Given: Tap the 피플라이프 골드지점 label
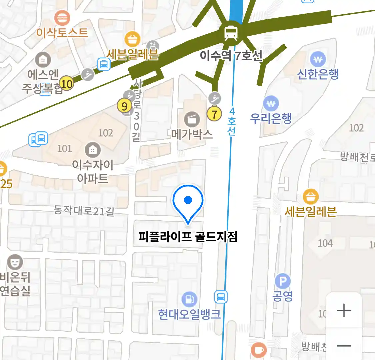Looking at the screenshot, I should click(x=188, y=237).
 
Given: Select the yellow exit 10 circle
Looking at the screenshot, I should click(x=66, y=84).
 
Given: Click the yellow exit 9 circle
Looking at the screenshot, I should click(x=124, y=106).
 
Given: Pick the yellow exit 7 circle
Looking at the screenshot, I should click(x=214, y=114).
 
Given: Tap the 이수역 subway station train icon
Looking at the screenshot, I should click(x=231, y=32).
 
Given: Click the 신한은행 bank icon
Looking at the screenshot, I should click(x=318, y=60).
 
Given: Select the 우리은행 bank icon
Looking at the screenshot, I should click(x=271, y=104).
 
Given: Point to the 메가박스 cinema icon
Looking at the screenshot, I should click(x=192, y=119).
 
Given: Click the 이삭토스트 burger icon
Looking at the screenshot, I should click(x=62, y=18).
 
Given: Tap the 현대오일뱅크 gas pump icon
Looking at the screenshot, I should click(x=189, y=299).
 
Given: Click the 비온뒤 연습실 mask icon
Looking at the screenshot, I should click(x=15, y=262).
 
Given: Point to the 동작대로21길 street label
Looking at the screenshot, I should click(x=84, y=210).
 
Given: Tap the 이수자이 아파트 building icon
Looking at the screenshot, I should click(x=93, y=150).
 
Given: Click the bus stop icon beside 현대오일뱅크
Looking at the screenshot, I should click(x=221, y=297).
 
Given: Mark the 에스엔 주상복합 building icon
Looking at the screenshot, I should click(x=43, y=60).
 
